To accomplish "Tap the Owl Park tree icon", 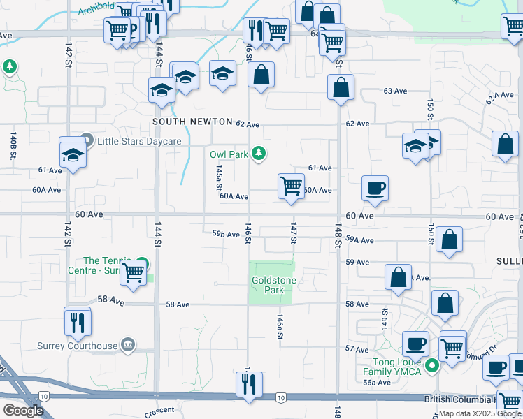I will point(259,153).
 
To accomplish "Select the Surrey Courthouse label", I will point(77,345).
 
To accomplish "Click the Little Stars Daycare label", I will point(138,141).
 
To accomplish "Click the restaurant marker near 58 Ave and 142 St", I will point(77,321).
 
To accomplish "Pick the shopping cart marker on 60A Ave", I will point(291,186).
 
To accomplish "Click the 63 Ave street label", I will point(395,91).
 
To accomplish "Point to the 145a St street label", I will point(218,178).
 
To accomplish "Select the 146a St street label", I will point(280,326).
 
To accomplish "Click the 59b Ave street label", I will point(226,235).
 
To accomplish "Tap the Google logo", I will point(23,411).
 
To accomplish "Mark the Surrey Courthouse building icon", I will point(127,344).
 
